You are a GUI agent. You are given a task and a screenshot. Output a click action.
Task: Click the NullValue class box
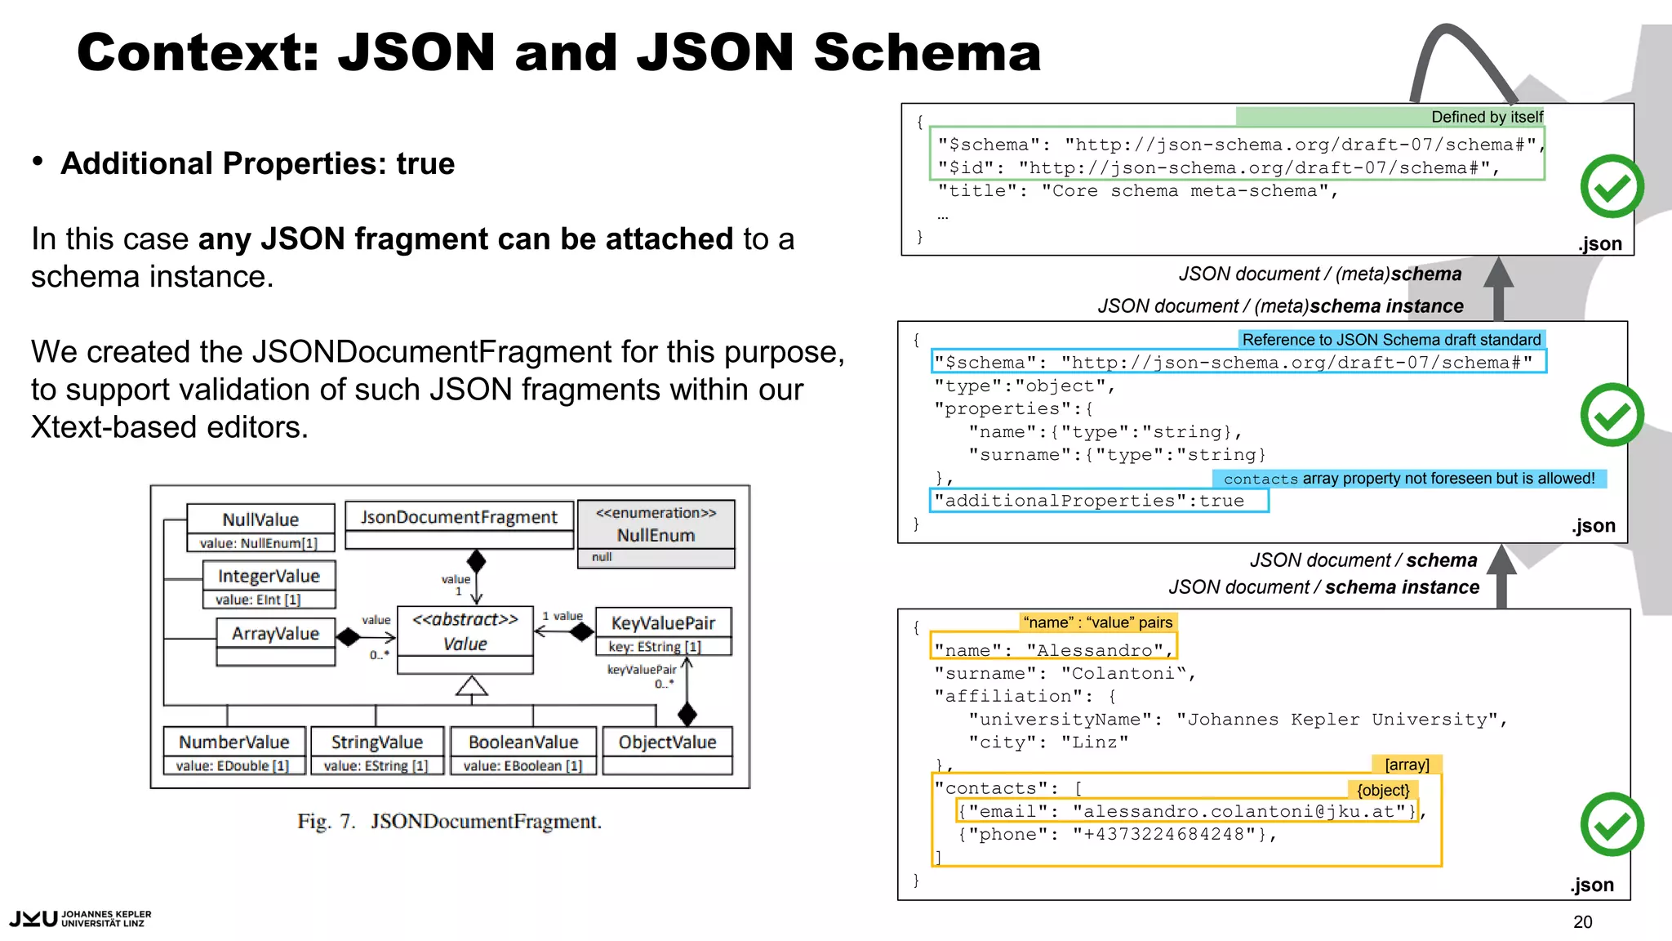tap(260, 528)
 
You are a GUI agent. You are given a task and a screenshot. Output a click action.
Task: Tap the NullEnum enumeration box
tap(656, 533)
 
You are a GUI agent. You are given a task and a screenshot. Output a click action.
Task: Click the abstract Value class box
tap(465, 639)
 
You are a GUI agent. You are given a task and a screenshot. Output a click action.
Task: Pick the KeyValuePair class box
tap(662, 631)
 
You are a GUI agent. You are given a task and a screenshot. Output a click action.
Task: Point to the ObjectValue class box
tap(667, 749)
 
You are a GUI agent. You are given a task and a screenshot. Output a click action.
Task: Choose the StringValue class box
tap(376, 750)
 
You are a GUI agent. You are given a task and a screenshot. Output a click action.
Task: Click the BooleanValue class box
tap(522, 750)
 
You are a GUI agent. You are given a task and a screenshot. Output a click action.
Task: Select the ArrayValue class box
tap(275, 641)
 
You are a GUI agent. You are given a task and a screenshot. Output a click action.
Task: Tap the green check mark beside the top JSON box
tap(1611, 186)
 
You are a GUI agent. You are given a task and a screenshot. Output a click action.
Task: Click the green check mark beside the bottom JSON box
tap(1611, 824)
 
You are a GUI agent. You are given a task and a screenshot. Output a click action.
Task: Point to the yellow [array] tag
tap(1407, 764)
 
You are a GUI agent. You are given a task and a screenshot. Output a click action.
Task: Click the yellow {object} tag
tap(1383, 789)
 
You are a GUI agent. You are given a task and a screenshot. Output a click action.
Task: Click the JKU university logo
tap(80, 918)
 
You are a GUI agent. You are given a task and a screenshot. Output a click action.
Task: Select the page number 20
tap(1582, 921)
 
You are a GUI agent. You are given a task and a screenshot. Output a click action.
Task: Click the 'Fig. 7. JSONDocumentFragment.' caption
tap(449, 821)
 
